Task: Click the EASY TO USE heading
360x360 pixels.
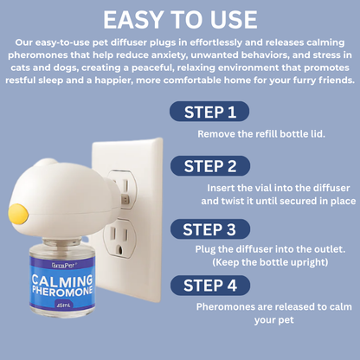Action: [x=180, y=20]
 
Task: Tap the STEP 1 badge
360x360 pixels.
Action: [x=209, y=112]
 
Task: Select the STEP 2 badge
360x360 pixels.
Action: [x=210, y=166]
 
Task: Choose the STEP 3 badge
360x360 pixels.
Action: [x=210, y=229]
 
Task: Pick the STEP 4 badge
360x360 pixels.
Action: [x=210, y=286]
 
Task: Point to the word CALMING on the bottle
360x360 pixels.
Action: [x=62, y=280]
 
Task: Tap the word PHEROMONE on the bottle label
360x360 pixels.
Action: [x=62, y=292]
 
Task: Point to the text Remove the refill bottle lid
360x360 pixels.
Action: [x=261, y=134]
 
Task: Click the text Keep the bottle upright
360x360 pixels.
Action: [x=270, y=262]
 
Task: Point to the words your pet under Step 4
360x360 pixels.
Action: [x=274, y=320]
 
